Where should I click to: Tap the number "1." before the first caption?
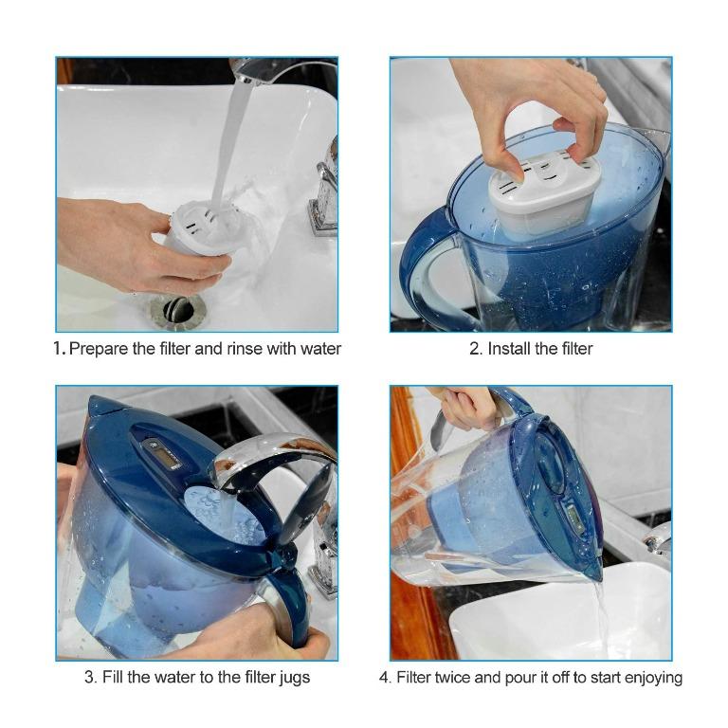(59, 349)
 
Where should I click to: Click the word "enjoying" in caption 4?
(651, 677)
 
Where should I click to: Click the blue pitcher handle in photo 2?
(424, 270)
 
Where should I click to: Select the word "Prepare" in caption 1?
(99, 349)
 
